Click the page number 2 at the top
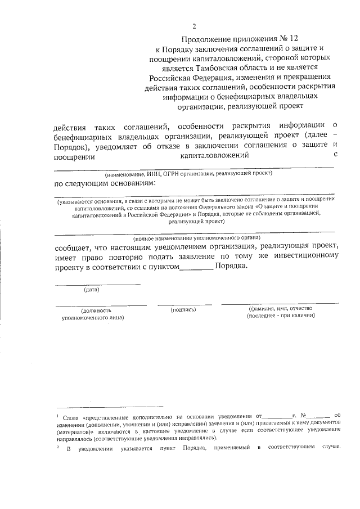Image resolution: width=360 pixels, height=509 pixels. [x=195, y=26]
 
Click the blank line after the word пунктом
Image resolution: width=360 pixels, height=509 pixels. [x=196, y=269]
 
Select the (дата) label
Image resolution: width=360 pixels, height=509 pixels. [x=91, y=290]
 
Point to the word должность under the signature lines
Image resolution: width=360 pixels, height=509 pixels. [x=96, y=310]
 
